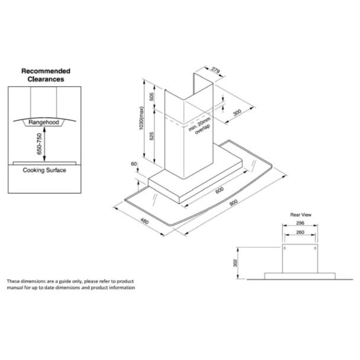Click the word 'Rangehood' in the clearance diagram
pos(43,123)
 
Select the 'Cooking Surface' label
pos(44,171)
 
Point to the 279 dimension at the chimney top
pos(215,73)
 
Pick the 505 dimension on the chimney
pos(152,98)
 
